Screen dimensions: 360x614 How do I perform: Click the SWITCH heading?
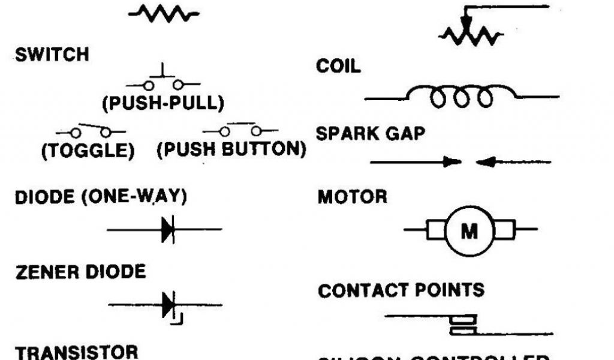[x=52, y=55]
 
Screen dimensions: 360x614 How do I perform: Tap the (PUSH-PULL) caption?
[x=162, y=103]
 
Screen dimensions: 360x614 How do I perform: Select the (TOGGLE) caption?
[x=88, y=151]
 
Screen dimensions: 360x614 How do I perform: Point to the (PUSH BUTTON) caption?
[x=231, y=149]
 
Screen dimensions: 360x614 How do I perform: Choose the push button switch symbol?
[x=240, y=130]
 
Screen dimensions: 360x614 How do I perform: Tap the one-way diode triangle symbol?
[x=168, y=229]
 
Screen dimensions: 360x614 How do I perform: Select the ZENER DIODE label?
[x=80, y=272]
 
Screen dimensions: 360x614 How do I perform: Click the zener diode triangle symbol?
[x=168, y=305]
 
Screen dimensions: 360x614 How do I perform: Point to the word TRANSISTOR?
[x=77, y=352]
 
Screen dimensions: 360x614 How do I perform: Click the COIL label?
[x=339, y=66]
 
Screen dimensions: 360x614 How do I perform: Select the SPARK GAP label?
[x=370, y=133]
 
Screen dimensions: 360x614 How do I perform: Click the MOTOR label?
[x=352, y=197]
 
